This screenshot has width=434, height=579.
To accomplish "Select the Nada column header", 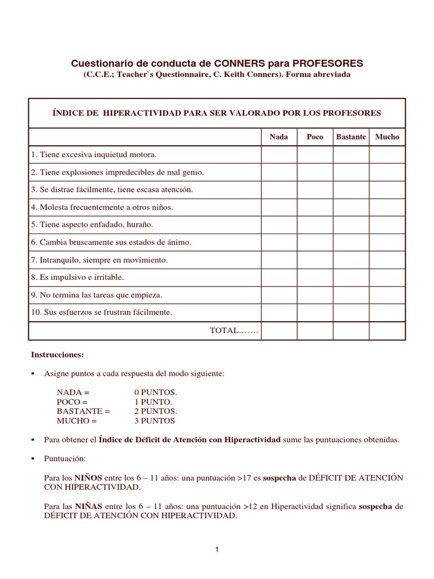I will [279, 137].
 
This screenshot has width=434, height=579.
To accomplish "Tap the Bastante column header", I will [351, 137].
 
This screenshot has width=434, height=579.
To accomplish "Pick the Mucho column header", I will [387, 137].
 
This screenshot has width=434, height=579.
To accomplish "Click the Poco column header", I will [315, 137].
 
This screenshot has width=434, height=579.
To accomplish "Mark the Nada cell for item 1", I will [279, 154].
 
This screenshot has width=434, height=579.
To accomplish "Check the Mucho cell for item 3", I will [387, 189].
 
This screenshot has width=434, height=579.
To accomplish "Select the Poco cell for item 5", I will [315, 224].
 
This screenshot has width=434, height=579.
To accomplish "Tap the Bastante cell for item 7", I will [351, 260].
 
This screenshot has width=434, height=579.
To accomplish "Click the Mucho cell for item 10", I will [387, 312].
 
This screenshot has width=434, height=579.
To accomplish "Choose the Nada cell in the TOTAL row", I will [279, 331].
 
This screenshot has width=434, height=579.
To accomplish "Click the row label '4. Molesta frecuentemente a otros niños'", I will [102, 207].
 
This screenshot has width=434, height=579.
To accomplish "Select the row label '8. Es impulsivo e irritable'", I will [77, 277].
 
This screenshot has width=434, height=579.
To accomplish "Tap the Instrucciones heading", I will [57, 355].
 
